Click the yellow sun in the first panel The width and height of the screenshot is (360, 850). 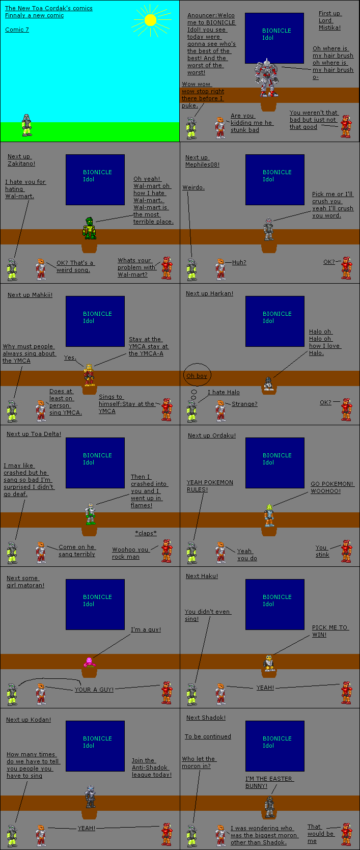point(150,20)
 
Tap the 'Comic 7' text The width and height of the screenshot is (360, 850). point(17,30)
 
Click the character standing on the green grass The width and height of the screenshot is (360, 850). point(26,125)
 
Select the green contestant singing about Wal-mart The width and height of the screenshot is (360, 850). point(90,228)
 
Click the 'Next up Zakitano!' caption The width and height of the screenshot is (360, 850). point(21,160)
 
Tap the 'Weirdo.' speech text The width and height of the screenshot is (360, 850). point(193,187)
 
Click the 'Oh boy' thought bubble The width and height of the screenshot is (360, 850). point(197,376)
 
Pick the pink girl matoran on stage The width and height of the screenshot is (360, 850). point(89,662)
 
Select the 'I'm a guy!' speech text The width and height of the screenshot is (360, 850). point(146,629)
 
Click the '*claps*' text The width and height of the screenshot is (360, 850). point(146,533)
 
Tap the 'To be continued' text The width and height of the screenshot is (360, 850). point(208,736)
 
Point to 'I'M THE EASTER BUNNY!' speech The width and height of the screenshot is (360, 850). point(268,782)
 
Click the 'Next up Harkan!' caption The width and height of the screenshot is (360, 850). point(209,293)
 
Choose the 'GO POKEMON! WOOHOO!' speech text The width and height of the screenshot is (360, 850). point(331,487)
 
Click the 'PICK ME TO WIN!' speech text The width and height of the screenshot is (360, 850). point(330,631)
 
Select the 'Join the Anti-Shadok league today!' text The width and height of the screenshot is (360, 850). point(151,767)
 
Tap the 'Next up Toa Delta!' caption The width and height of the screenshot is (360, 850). point(34,434)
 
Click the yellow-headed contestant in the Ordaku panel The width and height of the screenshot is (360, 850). point(269,515)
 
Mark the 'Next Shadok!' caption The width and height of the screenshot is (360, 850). point(206,718)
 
